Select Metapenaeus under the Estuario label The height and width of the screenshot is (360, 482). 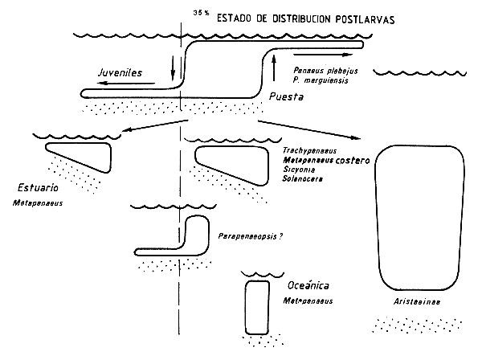38,203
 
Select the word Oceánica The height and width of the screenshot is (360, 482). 309,286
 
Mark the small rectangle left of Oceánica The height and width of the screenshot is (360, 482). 258,307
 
